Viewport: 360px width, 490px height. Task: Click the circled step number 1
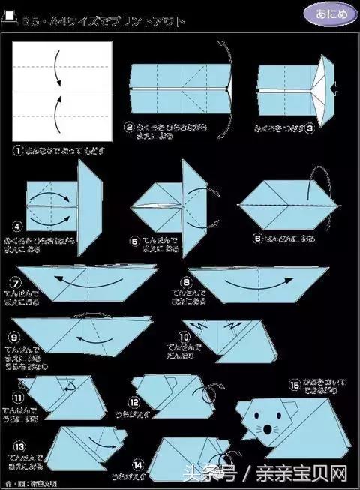point(18,149)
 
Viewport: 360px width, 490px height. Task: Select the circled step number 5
point(136,242)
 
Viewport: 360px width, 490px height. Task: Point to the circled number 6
point(257,239)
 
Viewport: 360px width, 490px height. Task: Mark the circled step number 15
point(293,385)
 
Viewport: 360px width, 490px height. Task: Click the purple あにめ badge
point(325,14)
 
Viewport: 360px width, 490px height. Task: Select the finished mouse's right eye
point(276,417)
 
